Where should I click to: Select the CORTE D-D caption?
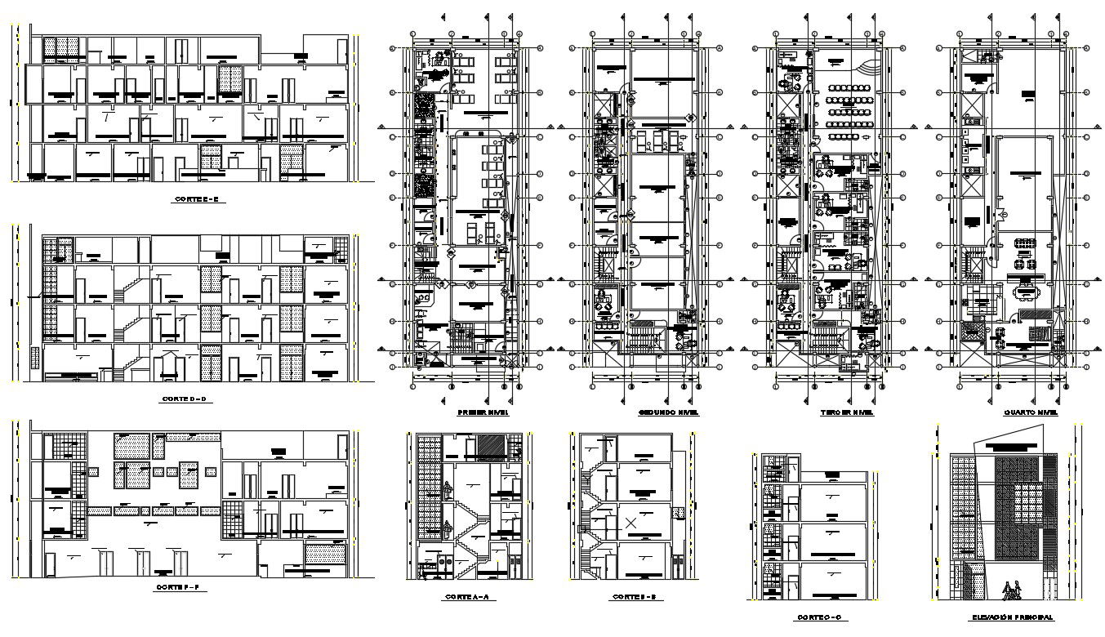[185, 399]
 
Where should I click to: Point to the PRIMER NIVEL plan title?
[483, 413]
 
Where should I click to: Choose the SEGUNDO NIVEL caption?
[668, 413]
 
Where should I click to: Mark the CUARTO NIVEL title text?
[1031, 413]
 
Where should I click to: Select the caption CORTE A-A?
[467, 597]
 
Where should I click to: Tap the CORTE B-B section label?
[637, 597]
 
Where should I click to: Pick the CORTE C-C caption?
[821, 618]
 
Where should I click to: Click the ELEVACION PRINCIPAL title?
[1012, 618]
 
